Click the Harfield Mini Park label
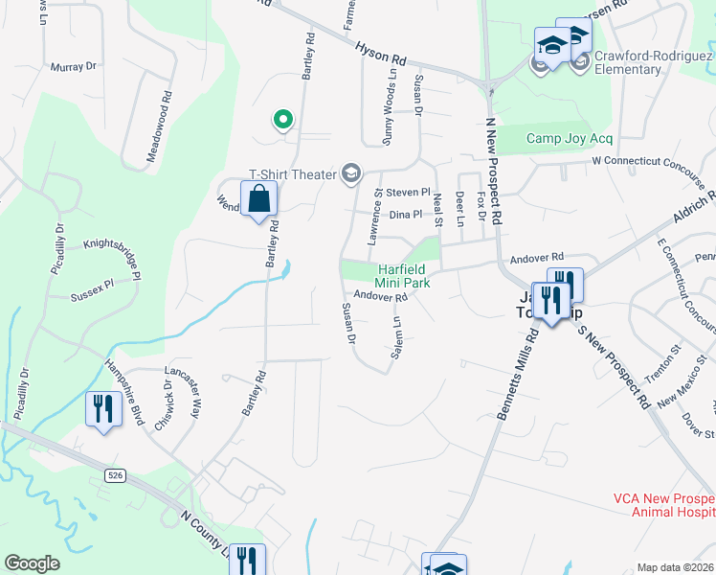click(x=402, y=276)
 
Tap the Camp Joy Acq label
click(x=569, y=138)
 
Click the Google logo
click(x=32, y=563)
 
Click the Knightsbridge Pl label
click(x=113, y=246)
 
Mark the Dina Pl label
click(x=405, y=216)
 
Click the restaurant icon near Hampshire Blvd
click(x=100, y=409)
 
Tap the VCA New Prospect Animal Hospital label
click(x=663, y=505)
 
